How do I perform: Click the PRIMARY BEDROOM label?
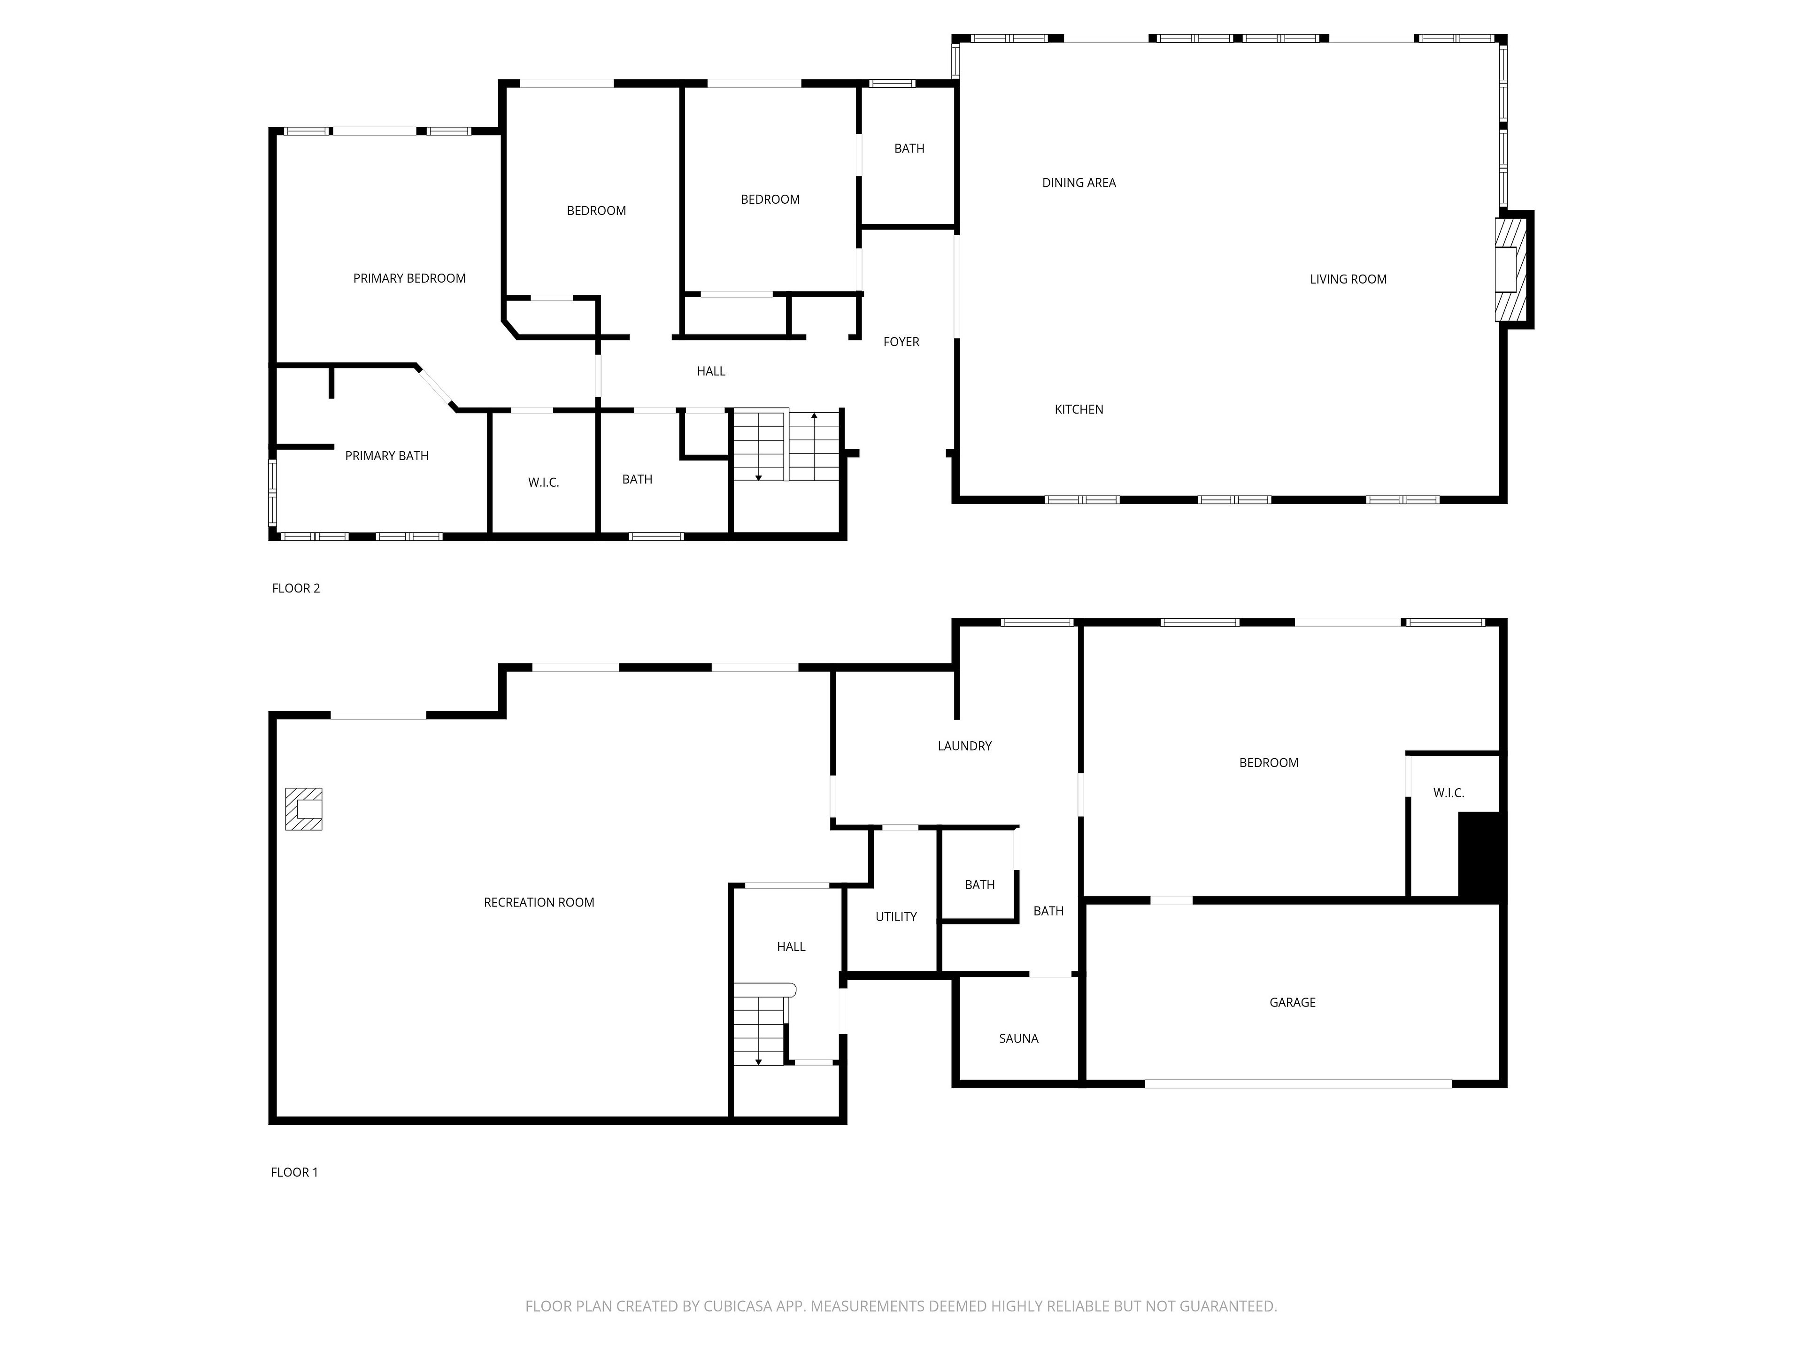pyautogui.click(x=409, y=279)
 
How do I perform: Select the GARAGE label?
pyautogui.click(x=1292, y=1002)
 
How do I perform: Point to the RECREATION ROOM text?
pyautogui.click(x=539, y=902)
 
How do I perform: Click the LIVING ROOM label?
pyautogui.click(x=1348, y=279)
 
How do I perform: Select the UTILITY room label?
pyautogui.click(x=896, y=917)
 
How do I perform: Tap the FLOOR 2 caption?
pyautogui.click(x=296, y=588)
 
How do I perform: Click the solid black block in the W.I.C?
pyautogui.click(x=1479, y=856)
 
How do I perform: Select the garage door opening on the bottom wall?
pyautogui.click(x=1298, y=1084)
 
